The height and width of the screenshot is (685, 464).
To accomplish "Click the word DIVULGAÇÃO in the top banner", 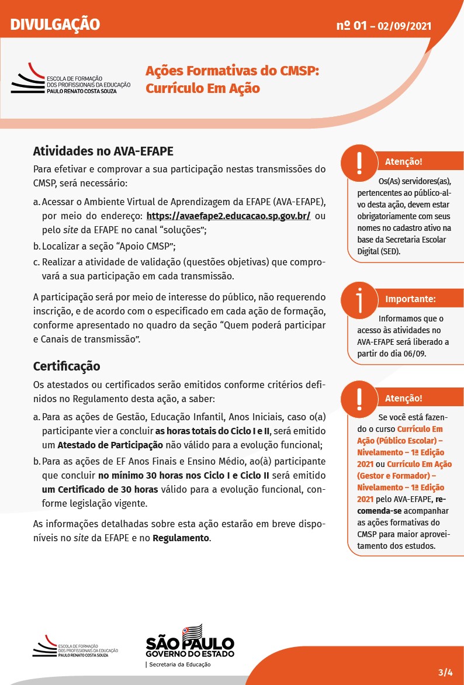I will tap(55, 25).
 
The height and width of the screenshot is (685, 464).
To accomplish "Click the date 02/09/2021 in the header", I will tap(404, 26).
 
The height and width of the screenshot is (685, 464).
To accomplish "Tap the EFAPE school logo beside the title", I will tap(70, 79).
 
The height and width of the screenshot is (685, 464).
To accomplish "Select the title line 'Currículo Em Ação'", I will tap(202, 88).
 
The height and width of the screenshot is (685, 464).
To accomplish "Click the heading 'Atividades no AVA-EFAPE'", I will tap(103, 151).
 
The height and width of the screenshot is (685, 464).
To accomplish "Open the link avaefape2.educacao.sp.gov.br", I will tap(228, 216).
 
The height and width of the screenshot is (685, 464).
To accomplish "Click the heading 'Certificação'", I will tap(67, 366).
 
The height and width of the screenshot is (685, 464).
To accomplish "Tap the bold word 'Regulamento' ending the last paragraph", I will tap(180, 538).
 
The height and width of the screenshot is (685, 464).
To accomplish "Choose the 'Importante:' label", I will tap(410, 299).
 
